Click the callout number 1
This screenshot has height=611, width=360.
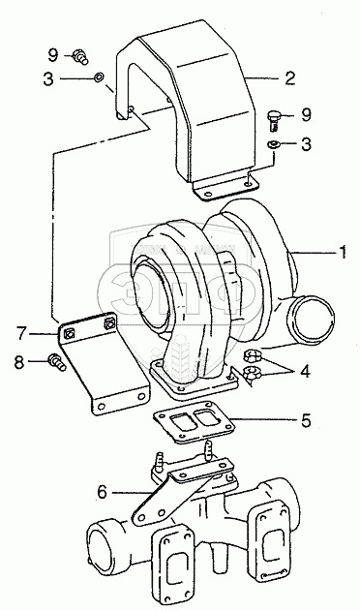coord(342,252)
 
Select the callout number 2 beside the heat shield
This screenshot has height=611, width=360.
coord(290,78)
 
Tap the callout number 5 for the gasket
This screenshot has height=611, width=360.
coord(306,420)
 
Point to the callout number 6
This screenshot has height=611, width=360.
coord(102,492)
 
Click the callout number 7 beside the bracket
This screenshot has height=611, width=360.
coord(21,333)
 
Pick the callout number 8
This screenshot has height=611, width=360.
coord(19,362)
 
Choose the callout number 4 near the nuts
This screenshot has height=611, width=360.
coord(306,371)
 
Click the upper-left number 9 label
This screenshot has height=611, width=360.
coord(53,55)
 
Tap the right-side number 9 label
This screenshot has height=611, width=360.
coord(306,114)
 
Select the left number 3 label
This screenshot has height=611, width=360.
coord(48,79)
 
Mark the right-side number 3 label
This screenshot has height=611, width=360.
coord(306,144)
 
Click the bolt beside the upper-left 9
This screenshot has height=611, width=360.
coord(80,56)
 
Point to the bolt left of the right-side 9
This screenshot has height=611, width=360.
coord(274,119)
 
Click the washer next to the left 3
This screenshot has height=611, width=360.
coord(98,76)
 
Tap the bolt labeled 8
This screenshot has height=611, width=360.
coord(57,362)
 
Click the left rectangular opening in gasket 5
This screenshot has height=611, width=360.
coord(181,421)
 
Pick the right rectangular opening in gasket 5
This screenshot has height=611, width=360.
coord(205,417)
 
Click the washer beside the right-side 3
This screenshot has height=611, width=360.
coord(274,145)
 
